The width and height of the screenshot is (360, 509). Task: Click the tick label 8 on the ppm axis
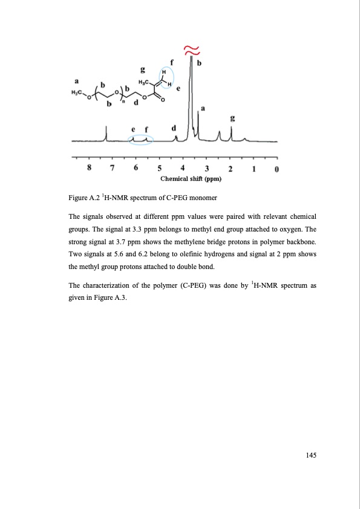click(x=90, y=168)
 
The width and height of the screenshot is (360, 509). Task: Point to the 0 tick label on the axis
click(x=277, y=168)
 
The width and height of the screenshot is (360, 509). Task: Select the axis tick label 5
click(x=160, y=168)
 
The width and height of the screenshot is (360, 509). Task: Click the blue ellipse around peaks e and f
click(x=141, y=140)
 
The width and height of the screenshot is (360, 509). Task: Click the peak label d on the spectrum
click(x=174, y=128)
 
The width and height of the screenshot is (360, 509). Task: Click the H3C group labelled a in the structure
click(x=77, y=92)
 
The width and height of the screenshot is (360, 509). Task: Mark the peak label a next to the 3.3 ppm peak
click(x=203, y=108)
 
